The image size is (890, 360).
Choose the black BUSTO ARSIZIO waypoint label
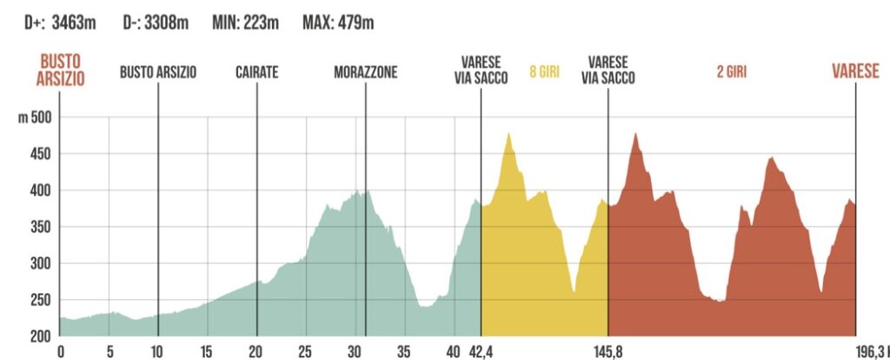point(158,73)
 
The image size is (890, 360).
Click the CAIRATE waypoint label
point(256,73)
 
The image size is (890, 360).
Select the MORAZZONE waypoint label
point(365,73)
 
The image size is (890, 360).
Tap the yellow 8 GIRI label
point(544,73)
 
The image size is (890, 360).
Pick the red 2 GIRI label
point(732,73)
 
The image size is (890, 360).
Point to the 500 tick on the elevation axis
point(43,117)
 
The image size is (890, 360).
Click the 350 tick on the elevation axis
point(43,227)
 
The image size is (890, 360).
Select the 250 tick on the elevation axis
point(43,300)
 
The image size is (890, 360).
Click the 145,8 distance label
point(608,352)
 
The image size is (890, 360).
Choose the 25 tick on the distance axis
point(305,352)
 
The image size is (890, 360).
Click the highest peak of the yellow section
point(508,133)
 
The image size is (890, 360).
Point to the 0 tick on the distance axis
point(60,352)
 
